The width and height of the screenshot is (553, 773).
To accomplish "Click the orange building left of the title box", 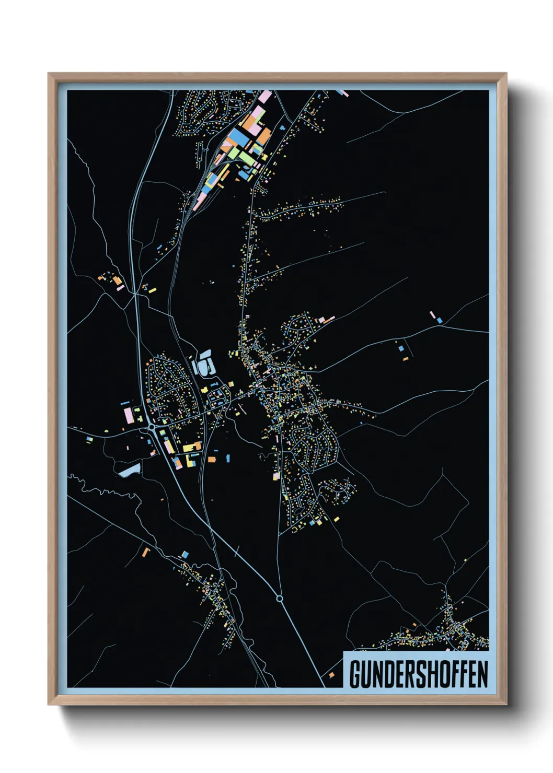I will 331,675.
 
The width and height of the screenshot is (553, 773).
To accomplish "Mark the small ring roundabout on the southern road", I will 279,599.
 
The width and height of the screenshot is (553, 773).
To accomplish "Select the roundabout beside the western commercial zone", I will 152,427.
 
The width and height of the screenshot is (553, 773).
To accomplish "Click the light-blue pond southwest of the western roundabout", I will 129,470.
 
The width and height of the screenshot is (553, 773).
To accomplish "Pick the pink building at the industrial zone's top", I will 265,97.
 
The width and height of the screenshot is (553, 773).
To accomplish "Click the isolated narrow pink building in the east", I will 432,315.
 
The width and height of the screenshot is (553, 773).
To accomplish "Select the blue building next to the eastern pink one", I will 440,320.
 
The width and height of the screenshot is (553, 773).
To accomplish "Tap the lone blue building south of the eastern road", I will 401,348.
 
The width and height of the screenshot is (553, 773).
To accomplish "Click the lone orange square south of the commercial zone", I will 212,460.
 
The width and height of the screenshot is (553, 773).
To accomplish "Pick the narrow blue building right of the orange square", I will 228,458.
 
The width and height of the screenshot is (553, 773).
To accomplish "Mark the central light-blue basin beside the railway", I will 204,364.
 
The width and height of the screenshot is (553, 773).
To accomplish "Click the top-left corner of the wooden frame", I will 49,74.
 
